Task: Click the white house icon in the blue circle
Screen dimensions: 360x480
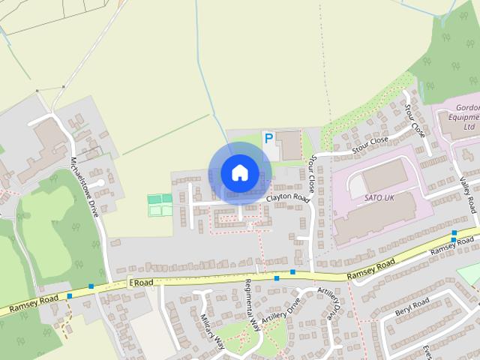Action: click(239, 172)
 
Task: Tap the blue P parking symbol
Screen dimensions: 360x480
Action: click(268, 139)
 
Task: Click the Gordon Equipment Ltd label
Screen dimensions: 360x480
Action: click(458, 116)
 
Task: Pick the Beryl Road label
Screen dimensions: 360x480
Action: click(412, 306)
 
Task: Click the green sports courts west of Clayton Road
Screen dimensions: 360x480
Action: click(160, 205)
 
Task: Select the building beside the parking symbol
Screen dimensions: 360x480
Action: click(289, 145)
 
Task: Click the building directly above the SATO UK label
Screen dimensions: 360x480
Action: click(385, 175)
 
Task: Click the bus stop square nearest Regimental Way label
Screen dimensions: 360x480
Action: click(277, 278)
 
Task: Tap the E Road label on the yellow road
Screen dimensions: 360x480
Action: click(142, 282)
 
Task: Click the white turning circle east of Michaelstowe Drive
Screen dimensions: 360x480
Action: click(100, 182)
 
